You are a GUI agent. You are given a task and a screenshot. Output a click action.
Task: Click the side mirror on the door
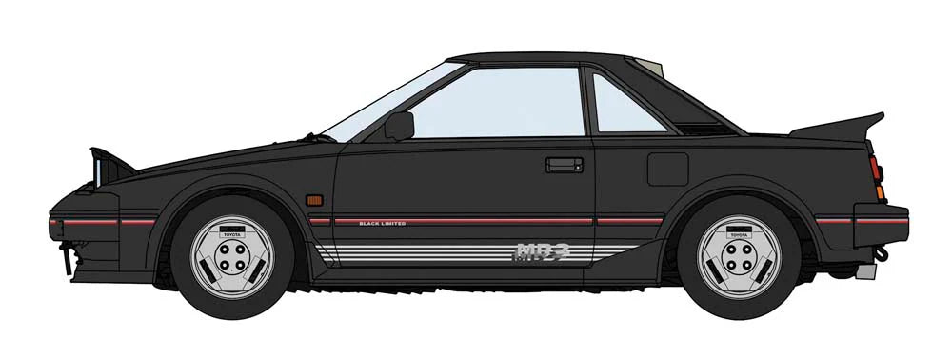pos(400,125)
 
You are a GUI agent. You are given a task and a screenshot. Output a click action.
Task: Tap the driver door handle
pos(565,165)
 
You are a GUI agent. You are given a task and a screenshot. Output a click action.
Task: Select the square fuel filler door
pos(667,169)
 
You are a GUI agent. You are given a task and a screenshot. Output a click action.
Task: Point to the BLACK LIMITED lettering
pos(383,223)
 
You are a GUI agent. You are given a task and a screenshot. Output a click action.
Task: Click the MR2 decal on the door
pos(541,251)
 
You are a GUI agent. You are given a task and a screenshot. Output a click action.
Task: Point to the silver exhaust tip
pos(864,271)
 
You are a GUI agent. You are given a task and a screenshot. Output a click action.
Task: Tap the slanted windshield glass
pos(389,100)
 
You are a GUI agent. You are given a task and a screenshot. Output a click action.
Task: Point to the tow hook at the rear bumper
pos(883,254)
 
